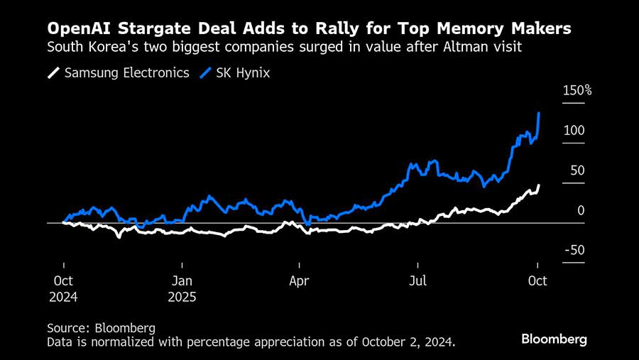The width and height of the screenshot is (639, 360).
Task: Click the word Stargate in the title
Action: coord(140,29)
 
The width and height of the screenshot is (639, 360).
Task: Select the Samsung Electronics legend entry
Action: coord(126,72)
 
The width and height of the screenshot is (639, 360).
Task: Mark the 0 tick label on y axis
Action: coord(580,210)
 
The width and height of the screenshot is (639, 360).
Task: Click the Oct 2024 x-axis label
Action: coord(63,288)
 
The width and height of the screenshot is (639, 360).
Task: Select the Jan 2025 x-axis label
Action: coord(182,288)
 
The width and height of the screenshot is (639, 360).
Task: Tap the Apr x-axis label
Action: coord(299,280)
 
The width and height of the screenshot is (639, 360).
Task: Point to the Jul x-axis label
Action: coord(418,280)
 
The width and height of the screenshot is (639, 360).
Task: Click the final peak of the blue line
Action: coord(540,113)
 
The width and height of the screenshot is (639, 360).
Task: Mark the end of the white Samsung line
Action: coord(539,185)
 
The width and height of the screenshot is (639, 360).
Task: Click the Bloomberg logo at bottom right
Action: coord(554,339)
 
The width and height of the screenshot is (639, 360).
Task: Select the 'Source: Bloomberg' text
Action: coord(101,328)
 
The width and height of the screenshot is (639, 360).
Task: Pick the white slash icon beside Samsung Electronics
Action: coord(53,72)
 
